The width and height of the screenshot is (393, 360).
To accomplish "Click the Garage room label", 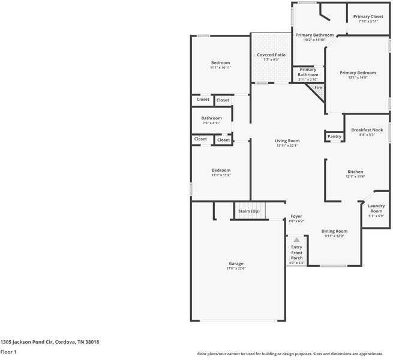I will [x=236, y=263].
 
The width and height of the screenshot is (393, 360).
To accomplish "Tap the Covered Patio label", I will [x=271, y=55].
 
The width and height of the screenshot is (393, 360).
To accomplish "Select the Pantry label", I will [x=334, y=136].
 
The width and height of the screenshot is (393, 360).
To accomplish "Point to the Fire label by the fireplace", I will [x=318, y=88].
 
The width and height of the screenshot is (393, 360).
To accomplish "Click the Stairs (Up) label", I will [x=248, y=211].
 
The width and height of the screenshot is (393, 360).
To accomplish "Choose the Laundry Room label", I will [x=376, y=209].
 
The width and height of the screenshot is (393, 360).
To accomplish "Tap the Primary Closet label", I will [x=368, y=17].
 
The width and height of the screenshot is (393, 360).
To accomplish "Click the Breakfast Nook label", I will [x=367, y=130].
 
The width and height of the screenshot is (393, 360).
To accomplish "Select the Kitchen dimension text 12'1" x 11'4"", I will [x=355, y=176].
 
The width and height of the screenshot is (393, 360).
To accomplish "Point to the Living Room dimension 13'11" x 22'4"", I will [x=287, y=146].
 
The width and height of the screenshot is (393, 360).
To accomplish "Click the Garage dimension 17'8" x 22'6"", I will [x=236, y=268].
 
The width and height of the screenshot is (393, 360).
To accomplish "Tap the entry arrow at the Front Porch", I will [x=296, y=239].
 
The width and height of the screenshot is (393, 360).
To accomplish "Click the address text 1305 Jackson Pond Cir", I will [x=49, y=342].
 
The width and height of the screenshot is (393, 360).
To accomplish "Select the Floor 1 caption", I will [x=8, y=352].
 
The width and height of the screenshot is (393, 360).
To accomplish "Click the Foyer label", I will [x=296, y=216].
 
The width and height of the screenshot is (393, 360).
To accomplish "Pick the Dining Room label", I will [x=334, y=231].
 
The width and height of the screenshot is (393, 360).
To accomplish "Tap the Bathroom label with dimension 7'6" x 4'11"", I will [x=211, y=118].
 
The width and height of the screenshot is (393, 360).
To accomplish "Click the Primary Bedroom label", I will [x=358, y=73].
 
